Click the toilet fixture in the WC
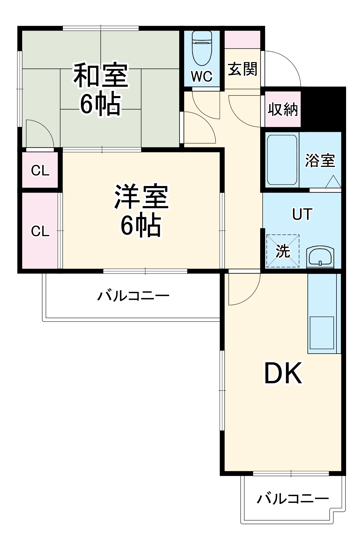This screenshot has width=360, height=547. coord(202,49)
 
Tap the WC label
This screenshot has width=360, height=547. coord(202,76)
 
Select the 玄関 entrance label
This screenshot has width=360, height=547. coord(242,69)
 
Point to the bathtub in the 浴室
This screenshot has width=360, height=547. coord(282,160)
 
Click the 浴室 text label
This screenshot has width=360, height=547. coord(320,160)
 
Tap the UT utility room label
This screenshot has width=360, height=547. coord(302,214)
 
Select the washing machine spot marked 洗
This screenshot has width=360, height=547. coord(283,251)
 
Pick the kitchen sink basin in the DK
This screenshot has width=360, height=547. coord(322,333)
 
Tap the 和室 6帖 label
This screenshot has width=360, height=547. coord(101,89)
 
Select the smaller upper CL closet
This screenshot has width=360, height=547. coord(40,170)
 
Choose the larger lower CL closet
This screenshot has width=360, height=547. coord(40,231)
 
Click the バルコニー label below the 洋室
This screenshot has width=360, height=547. coord(133,296)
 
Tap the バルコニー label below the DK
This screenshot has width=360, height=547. coord(293,499)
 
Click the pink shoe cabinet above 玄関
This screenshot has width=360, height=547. coord(242,39)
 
